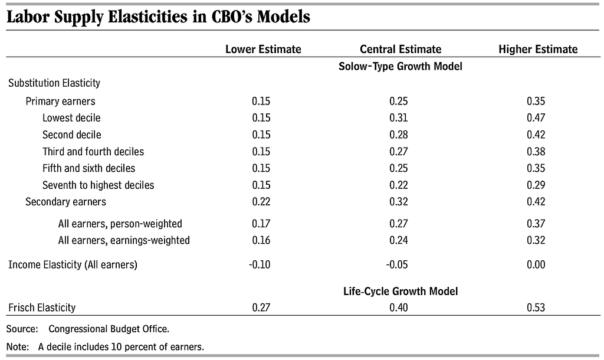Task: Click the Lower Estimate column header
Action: pos(263,50)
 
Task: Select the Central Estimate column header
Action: pos(401,50)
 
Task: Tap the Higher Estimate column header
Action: pos(538,50)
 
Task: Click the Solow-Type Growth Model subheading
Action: pos(401,66)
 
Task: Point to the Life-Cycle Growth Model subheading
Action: pos(401,291)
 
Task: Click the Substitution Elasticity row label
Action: pos(54,83)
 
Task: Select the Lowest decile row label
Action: pos(71,118)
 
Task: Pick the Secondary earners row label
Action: pos(65,202)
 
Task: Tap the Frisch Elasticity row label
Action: pos(42,307)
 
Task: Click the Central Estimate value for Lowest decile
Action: pos(398,118)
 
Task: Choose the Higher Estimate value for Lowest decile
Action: pos(536,118)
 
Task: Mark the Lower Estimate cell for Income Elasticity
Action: pos(260,265)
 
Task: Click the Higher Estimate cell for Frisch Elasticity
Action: pos(536,307)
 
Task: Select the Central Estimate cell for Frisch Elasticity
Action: pos(398,307)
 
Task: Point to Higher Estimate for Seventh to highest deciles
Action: pos(536,185)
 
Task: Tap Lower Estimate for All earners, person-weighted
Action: pos(261,224)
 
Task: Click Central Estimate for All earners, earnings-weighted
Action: pos(398,241)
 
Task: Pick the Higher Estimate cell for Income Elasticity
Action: pos(536,265)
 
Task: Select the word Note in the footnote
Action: pos(17,347)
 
